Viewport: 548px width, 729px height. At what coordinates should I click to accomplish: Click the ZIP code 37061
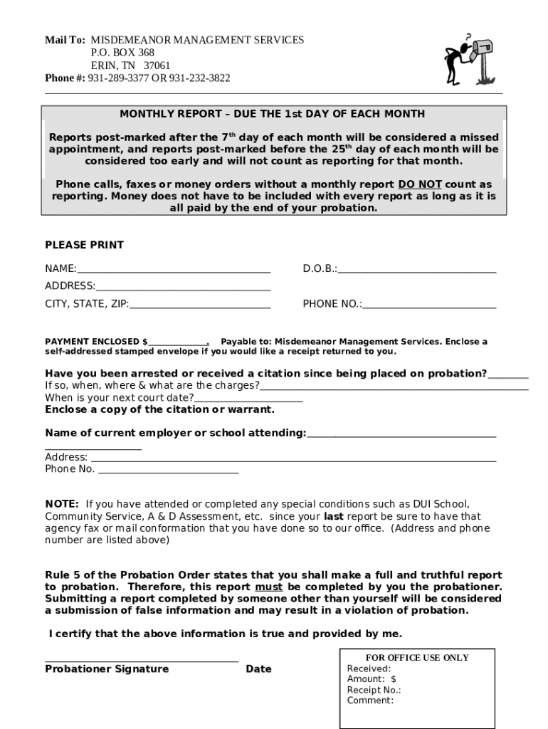(x=157, y=65)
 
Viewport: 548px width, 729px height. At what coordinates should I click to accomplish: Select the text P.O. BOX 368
(x=122, y=53)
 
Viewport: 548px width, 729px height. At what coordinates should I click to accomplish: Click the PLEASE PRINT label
(x=84, y=245)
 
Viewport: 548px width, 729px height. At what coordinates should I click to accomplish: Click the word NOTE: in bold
(x=62, y=504)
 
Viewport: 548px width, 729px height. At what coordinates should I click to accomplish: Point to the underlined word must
(x=269, y=587)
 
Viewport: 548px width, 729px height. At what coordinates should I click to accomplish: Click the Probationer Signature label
(x=107, y=669)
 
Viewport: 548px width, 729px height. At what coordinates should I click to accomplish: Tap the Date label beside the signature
(x=258, y=669)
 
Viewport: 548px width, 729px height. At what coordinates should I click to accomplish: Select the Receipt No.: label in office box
(x=374, y=690)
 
